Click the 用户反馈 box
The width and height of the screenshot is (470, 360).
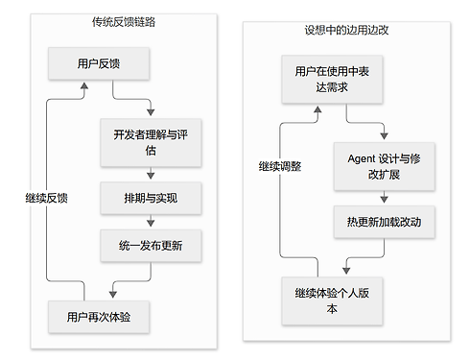point(99,63)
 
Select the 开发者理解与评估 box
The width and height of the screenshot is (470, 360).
point(151,142)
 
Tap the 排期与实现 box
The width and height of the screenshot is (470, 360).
point(151,198)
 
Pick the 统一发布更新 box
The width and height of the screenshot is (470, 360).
point(151,246)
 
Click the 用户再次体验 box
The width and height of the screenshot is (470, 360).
point(99,317)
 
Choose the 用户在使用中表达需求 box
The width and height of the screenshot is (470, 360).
point(332,79)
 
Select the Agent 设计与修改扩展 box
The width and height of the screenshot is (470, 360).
point(385,166)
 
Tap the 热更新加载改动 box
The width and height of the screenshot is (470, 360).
point(385,222)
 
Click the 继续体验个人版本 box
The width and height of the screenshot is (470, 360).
point(332,300)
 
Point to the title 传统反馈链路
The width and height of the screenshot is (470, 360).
point(124,22)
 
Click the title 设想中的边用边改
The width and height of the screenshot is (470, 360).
point(346,30)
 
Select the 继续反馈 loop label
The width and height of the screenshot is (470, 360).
point(47,198)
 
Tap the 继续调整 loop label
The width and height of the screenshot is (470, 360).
point(280,166)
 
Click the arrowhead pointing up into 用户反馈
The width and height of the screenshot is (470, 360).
point(84,85)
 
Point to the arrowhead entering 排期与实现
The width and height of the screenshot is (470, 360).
point(151,176)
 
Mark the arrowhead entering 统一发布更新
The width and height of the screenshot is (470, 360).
point(151,223)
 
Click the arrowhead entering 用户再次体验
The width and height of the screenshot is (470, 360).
point(113,294)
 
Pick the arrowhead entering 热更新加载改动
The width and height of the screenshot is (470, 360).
point(385,199)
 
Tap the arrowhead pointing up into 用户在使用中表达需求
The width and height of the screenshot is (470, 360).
point(317,109)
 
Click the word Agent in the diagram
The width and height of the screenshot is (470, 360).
point(362,158)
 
